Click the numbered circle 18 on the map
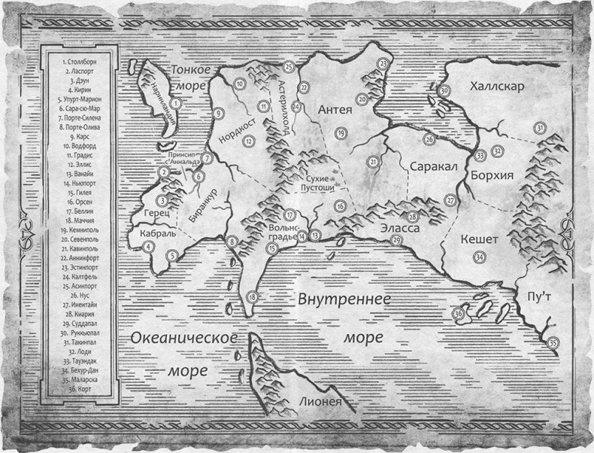point(252,297)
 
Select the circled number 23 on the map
point(384,64)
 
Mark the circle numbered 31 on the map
point(540,129)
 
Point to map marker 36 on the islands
point(457,315)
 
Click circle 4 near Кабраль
point(149,246)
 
